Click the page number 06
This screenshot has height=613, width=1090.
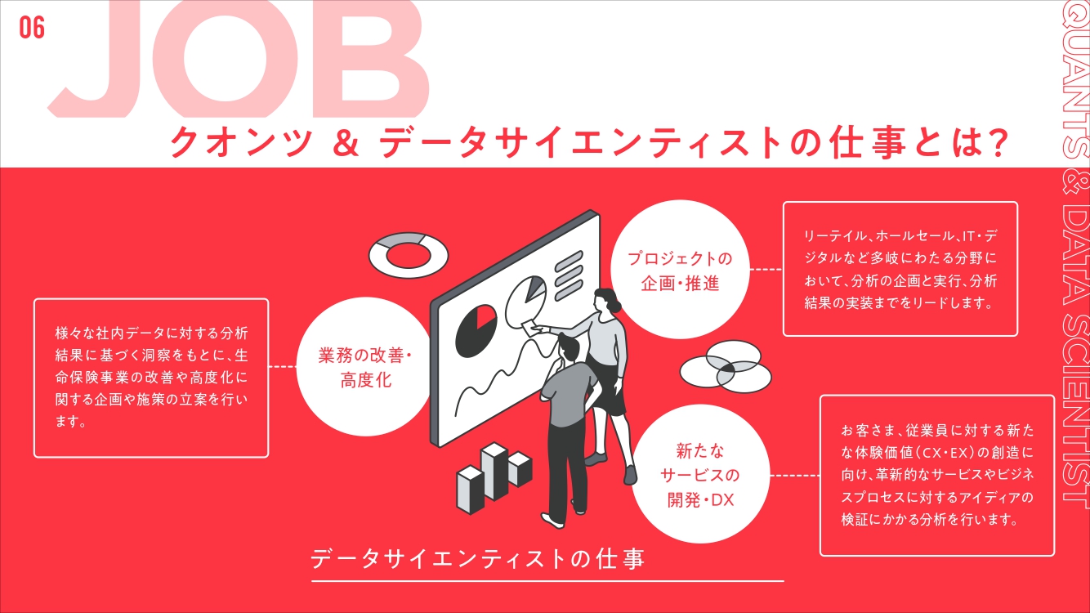(x=32, y=29)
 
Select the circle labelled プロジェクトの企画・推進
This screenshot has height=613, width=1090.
(x=680, y=272)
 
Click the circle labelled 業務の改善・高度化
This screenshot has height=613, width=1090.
(x=366, y=368)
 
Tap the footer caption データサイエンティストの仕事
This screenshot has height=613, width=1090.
(x=478, y=559)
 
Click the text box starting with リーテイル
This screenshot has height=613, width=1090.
(x=900, y=269)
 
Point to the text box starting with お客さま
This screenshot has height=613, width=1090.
(x=936, y=474)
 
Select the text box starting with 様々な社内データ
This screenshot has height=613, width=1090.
(x=151, y=378)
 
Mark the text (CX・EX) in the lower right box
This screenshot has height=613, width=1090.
(x=940, y=451)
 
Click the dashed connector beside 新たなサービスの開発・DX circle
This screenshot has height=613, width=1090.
(x=795, y=475)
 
